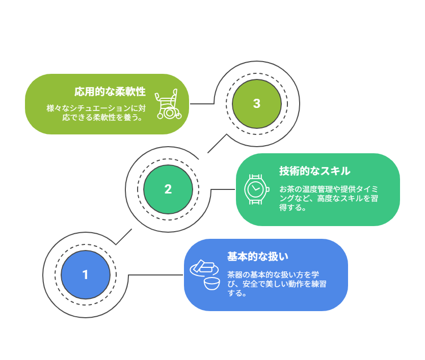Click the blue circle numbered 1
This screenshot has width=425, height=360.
pos(85,275)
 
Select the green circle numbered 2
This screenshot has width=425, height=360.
pos(168,189)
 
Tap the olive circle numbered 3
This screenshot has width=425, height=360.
pos(257,103)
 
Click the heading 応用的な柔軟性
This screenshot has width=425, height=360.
pos(110,92)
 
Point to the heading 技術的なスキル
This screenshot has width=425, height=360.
pos(314,171)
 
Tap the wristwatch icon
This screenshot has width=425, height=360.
pos(256,189)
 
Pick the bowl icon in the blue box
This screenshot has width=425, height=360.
pos(211,283)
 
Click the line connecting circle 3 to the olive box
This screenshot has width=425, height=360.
pos(202,103)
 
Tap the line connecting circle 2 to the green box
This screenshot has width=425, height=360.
pos(223,189)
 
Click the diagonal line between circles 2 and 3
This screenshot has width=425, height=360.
pos(217,144)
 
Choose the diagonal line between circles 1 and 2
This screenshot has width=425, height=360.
pos(124,237)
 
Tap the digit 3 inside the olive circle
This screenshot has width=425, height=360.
pos(257,103)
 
